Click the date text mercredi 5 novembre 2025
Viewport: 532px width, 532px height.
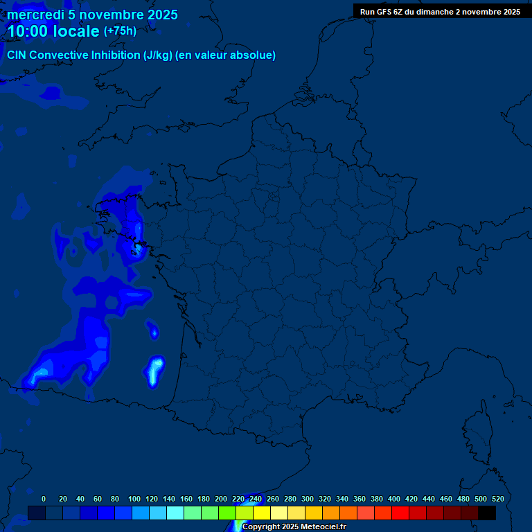tap(93, 15)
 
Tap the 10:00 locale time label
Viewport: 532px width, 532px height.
tap(53, 31)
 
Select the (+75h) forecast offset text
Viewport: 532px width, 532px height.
tap(120, 31)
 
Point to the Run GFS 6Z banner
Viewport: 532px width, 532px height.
tap(440, 12)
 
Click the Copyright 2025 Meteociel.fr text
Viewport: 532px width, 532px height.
tap(294, 526)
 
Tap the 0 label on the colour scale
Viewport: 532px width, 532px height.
tap(44, 499)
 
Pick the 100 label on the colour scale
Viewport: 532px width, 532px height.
tap(134, 499)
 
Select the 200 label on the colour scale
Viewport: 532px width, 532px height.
tap(221, 499)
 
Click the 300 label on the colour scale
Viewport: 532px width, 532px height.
tap(308, 499)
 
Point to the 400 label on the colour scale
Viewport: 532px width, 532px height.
tap(394, 499)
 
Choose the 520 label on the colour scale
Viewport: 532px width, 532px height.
tap(497, 499)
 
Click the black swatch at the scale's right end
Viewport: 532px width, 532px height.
tap(487, 513)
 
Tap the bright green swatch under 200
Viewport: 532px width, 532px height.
tap(227, 513)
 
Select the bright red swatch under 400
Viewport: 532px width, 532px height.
tap(400, 513)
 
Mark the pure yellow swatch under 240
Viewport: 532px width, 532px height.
tap(262, 513)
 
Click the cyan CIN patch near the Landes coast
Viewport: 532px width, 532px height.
tap(155, 370)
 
